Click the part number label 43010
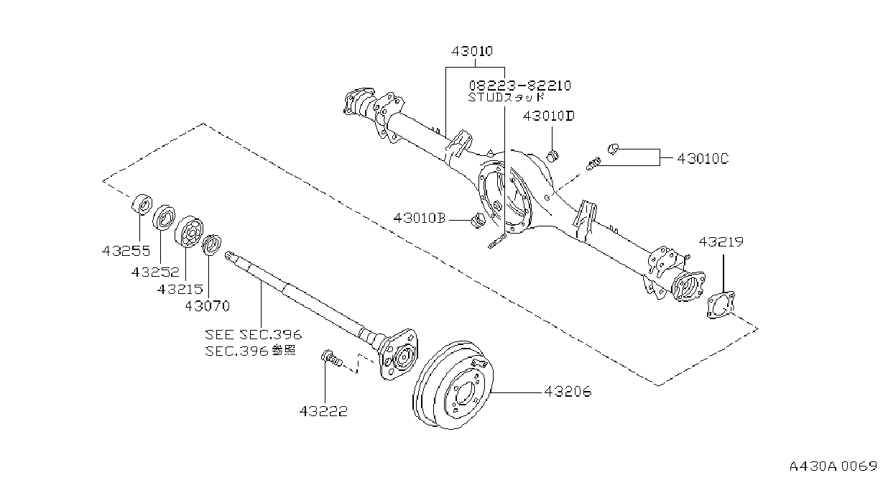point(472,51)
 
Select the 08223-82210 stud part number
point(519,86)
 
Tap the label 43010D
point(549,116)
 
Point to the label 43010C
point(703,159)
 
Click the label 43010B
point(420,218)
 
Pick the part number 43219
point(721,241)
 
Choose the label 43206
point(568,392)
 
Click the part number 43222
point(323,411)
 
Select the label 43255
point(126,251)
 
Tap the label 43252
point(155,272)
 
